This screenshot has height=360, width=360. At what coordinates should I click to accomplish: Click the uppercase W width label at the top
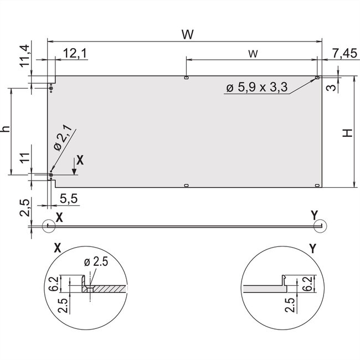187,34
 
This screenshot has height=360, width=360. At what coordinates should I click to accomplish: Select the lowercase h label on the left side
6,128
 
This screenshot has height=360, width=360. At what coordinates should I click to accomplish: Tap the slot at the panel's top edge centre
187,78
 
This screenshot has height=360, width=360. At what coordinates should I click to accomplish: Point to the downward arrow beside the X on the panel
74,167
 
